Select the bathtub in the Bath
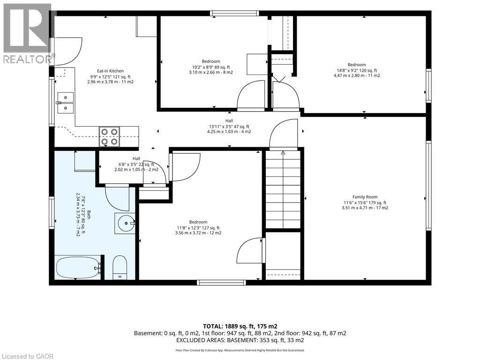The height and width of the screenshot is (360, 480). [78, 268]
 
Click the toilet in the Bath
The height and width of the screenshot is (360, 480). [120, 268]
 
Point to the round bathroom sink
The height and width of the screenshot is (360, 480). [125, 224]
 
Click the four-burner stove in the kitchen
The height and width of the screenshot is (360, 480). [109, 136]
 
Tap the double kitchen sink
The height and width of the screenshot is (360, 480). [65, 103]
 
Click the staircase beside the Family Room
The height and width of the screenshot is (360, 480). [283, 189]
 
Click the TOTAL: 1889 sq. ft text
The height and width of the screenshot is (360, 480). [240, 326]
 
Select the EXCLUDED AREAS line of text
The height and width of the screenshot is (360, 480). [240, 340]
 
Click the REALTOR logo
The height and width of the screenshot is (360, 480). [28, 34]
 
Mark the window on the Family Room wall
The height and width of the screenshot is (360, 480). [428, 186]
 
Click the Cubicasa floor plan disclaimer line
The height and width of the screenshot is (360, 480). [240, 350]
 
